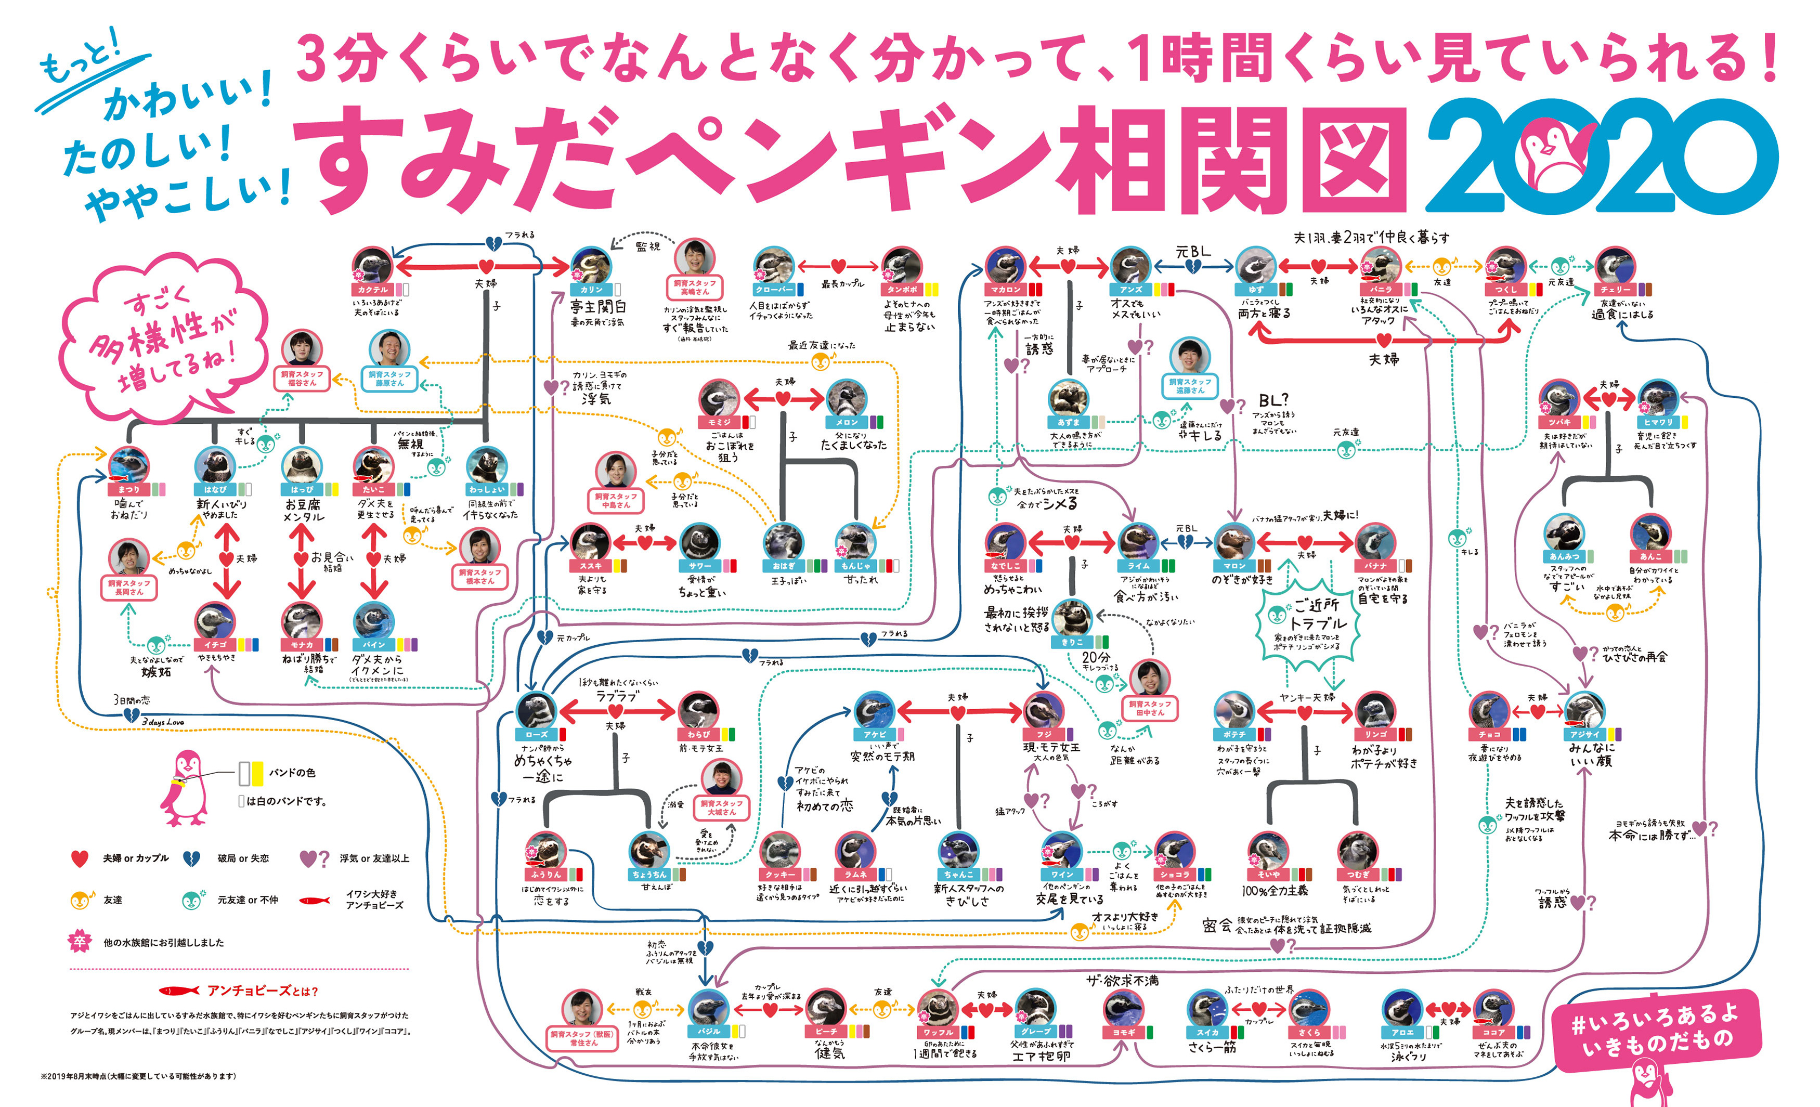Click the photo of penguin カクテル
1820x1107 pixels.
tap(373, 266)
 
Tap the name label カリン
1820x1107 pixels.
tap(592, 290)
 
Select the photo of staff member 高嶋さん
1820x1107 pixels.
tap(694, 257)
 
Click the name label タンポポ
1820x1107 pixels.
tap(902, 290)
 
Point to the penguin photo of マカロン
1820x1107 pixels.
tap(1005, 266)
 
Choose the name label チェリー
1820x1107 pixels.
tap(1616, 290)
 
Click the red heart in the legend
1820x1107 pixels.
tap(80, 858)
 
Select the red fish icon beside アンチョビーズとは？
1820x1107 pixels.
tap(179, 991)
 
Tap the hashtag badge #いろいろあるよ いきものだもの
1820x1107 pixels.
tap(1657, 1028)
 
